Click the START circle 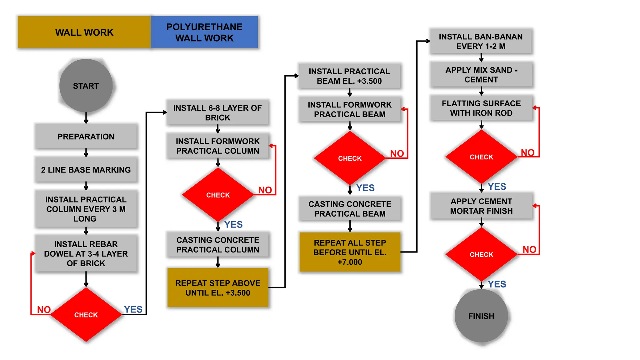[x=86, y=86]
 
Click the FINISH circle [x=481, y=316]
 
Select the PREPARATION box [x=86, y=137]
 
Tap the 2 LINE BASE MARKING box [x=86, y=170]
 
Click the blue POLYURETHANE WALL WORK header [x=204, y=32]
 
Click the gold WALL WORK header [x=84, y=32]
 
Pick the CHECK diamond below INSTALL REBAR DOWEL [x=86, y=315]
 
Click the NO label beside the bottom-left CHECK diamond [x=44, y=309]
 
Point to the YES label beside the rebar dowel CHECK [x=133, y=309]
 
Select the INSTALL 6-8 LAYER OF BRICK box [x=217, y=112]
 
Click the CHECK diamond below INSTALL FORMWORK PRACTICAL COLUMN [x=218, y=195]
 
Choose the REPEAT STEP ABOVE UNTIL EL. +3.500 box [x=217, y=288]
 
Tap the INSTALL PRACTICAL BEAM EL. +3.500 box [x=349, y=76]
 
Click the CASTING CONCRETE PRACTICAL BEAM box [x=350, y=209]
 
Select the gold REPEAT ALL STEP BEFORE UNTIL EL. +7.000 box [x=350, y=252]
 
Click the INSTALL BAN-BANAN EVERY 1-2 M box [x=481, y=41]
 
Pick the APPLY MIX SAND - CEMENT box [x=481, y=75]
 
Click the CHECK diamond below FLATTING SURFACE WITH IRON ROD [x=481, y=157]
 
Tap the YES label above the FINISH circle [x=497, y=284]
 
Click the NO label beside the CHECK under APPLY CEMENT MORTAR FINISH [x=529, y=249]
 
